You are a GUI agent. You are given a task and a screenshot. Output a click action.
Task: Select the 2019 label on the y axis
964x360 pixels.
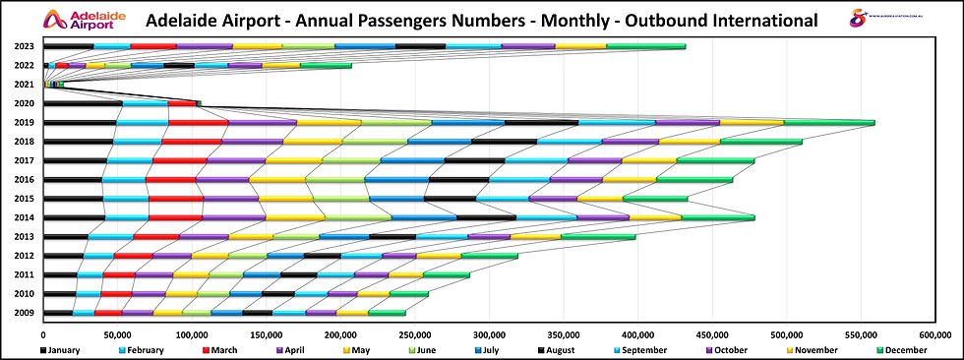coord(26,123)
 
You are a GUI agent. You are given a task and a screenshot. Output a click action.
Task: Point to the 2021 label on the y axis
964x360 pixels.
coord(26,85)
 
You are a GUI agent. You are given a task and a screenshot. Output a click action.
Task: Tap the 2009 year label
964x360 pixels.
coord(26,313)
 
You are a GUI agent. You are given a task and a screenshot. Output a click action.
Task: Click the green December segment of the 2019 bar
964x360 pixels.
coord(829,123)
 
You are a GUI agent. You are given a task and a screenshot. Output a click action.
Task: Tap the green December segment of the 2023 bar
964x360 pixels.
coord(645,46)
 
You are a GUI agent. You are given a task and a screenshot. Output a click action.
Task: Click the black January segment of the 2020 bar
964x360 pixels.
coord(84,103)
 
